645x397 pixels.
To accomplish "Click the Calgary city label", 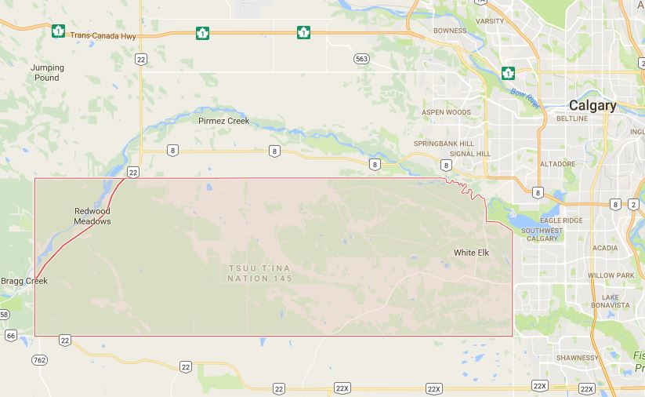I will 592,105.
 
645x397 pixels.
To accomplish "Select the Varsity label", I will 490,21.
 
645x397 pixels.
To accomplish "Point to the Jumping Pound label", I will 47,72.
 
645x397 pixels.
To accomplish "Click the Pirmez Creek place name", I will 223,121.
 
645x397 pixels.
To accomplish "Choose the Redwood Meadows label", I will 92,216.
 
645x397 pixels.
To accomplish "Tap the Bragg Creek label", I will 24,281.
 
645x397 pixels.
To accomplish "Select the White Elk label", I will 472,252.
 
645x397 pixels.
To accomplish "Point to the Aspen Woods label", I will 446,112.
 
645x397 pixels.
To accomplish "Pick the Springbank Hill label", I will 444,144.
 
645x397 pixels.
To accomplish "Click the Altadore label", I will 558,164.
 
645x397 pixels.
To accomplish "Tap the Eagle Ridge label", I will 561,220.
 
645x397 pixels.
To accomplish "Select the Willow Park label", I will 611,275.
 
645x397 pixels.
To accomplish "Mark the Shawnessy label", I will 577,358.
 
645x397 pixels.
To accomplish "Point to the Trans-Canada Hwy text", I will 103,35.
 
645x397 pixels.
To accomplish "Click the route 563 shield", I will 361,59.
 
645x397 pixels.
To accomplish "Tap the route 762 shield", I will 39,359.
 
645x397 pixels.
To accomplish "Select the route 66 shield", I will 10,335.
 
